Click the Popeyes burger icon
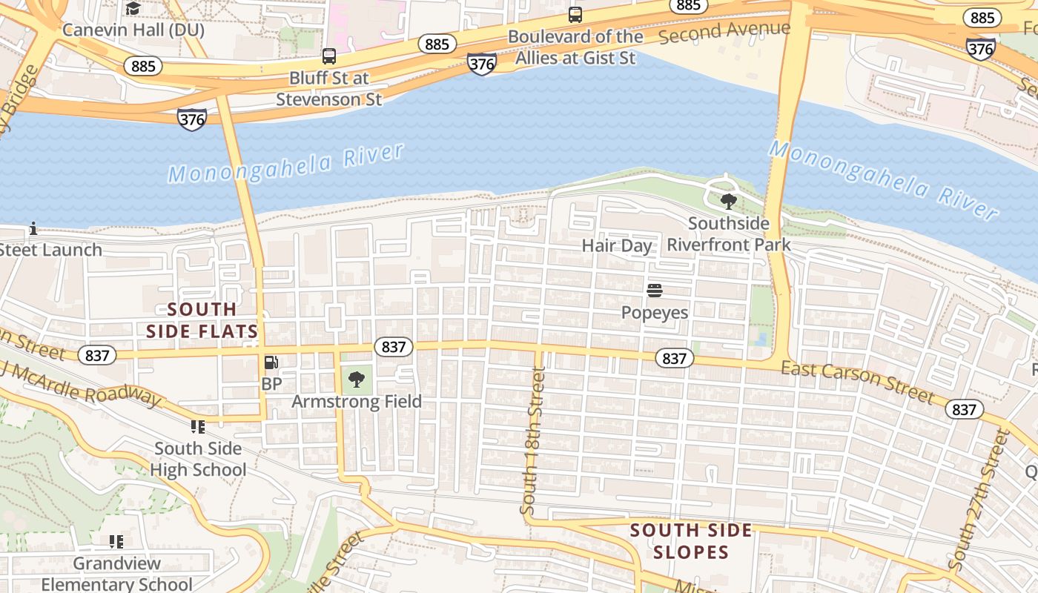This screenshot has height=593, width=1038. click(x=654, y=290)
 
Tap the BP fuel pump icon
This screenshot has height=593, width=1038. click(x=271, y=362)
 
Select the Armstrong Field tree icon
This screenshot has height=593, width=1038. click(x=357, y=380)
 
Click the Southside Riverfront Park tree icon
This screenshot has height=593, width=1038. click(x=729, y=201)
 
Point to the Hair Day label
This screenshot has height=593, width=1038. click(x=617, y=245)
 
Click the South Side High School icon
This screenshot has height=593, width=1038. click(x=197, y=426)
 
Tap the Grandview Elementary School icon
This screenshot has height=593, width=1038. click(x=116, y=542)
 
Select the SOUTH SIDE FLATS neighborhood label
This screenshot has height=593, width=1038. click(x=202, y=320)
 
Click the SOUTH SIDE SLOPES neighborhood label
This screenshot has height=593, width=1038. click(x=691, y=541)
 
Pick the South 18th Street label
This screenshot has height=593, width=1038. click(x=532, y=441)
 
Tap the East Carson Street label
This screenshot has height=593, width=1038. click(x=858, y=382)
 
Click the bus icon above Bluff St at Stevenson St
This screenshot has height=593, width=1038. click(x=329, y=56)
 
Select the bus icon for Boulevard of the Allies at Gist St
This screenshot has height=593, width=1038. click(x=575, y=14)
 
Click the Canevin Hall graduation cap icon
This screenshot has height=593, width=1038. click(x=133, y=8)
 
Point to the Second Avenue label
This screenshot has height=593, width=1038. click(x=724, y=32)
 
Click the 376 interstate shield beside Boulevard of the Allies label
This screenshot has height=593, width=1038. click(x=481, y=64)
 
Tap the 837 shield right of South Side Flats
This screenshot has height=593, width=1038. click(x=394, y=346)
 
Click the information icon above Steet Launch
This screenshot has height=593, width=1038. click(x=33, y=228)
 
